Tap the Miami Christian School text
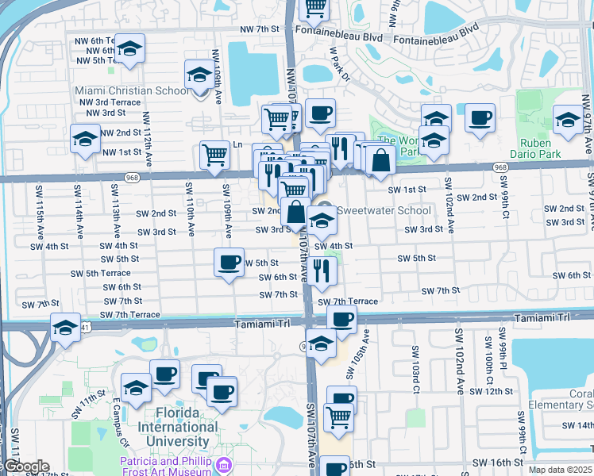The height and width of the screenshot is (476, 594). pos(133,90)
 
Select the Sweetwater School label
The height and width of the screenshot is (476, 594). pos(384,210)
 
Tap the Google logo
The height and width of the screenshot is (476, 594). pos(26,466)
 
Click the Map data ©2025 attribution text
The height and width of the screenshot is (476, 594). pos(561,470)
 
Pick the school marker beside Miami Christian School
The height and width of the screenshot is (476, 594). pos(199,76)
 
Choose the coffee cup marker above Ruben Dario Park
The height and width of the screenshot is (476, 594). pos(479,119)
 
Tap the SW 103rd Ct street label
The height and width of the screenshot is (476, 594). pos(415,370)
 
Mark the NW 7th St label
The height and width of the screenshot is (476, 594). pos(263,29)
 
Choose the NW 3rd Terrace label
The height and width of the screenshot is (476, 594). pos(113,102)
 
